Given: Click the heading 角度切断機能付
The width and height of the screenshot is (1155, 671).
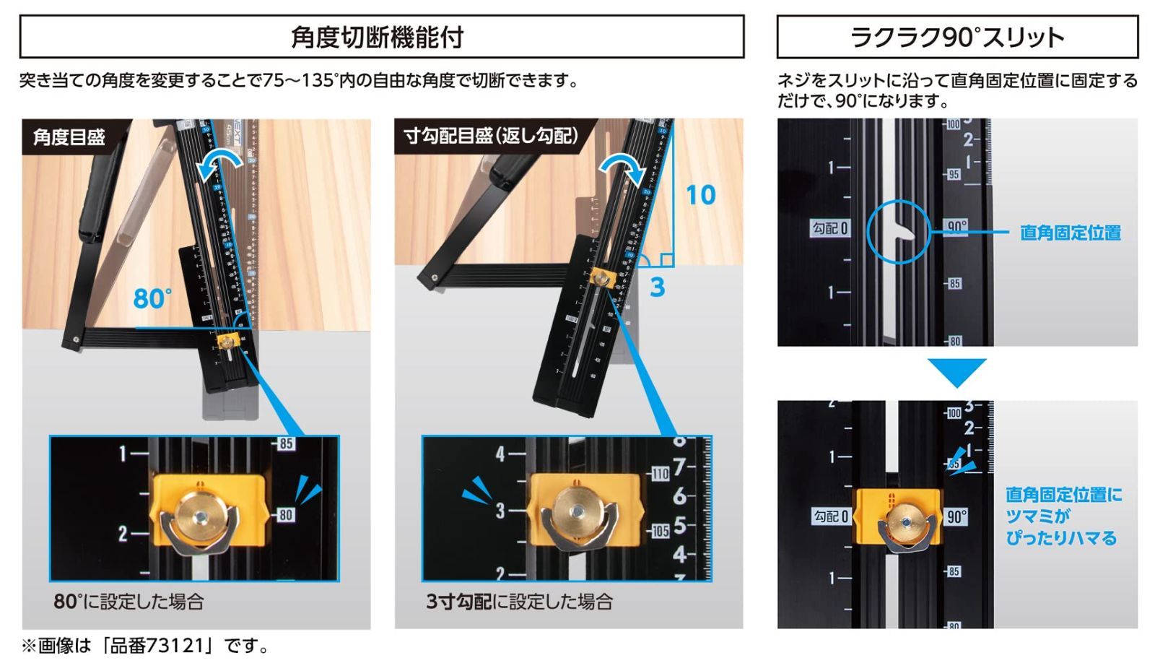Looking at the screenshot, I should click(377, 38).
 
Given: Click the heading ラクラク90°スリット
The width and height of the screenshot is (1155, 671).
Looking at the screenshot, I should click(956, 38).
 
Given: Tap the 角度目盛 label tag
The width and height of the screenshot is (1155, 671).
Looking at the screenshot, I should click(70, 137).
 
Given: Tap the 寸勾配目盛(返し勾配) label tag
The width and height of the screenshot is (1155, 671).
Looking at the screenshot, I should click(491, 136).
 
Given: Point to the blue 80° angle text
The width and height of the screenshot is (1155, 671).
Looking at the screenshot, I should click(152, 298).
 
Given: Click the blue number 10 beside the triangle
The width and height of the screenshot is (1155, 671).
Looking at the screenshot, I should click(699, 195).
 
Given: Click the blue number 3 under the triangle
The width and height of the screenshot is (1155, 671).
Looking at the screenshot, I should click(657, 287).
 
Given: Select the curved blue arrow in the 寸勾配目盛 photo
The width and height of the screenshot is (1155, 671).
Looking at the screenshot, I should click(624, 167).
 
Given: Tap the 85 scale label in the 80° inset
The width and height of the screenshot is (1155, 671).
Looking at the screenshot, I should click(286, 443).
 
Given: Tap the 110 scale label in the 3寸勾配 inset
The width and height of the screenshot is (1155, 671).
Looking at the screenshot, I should click(660, 474).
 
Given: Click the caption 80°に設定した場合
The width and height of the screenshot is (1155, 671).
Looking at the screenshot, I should click(128, 602).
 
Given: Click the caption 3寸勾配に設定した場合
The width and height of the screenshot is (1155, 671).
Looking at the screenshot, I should click(519, 602).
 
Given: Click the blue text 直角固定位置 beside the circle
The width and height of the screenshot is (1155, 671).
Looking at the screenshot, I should click(1070, 233).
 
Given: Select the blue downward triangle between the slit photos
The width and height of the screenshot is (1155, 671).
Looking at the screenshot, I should click(956, 371).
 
